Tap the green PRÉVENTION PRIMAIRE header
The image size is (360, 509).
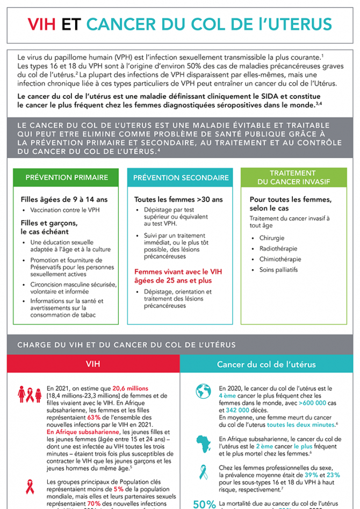67,177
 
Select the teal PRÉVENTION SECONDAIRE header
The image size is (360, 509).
181,177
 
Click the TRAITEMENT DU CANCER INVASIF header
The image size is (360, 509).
294,177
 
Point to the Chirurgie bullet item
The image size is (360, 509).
272,238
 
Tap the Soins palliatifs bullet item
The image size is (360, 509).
278,270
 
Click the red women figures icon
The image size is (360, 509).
30,394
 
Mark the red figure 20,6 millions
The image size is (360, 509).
130,388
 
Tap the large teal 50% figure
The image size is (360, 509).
204,504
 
